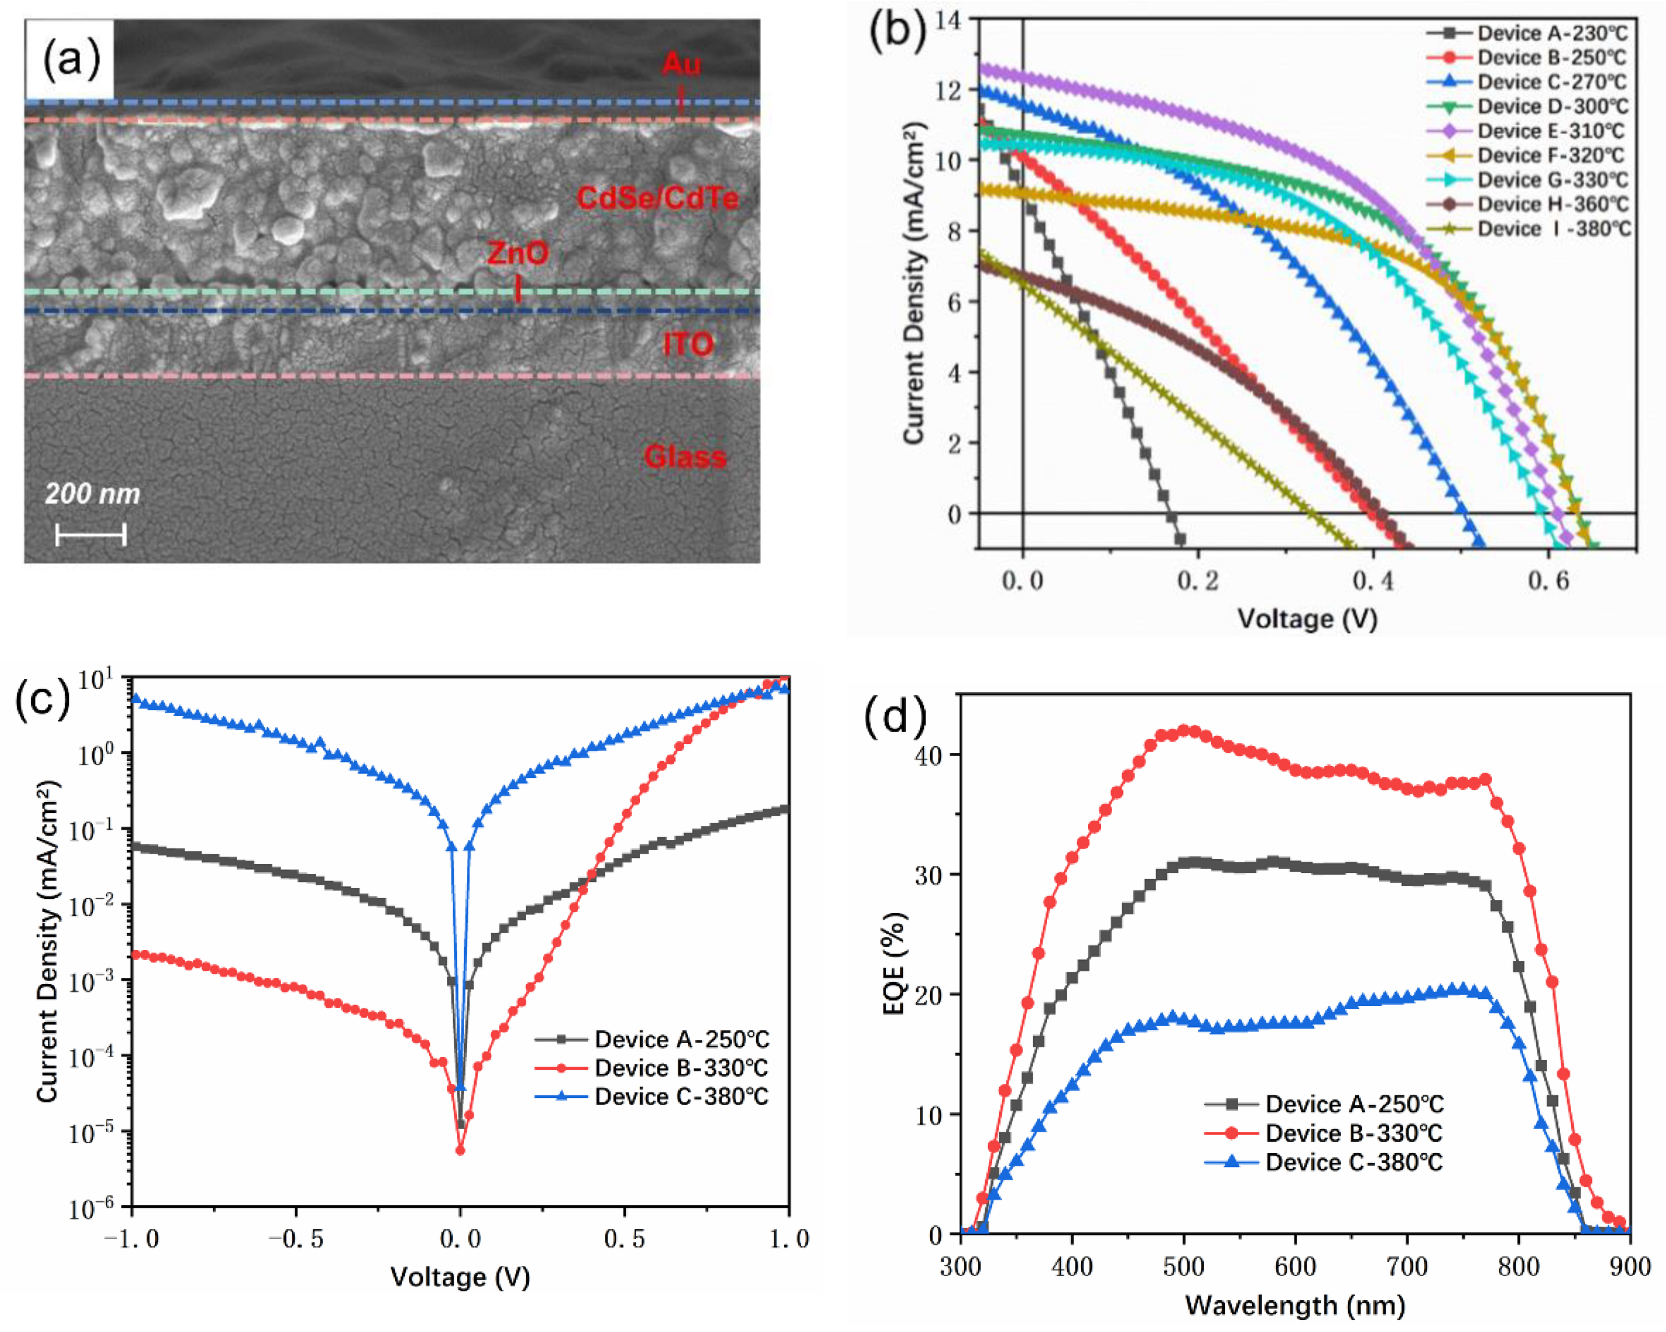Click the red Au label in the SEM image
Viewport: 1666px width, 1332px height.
click(x=681, y=64)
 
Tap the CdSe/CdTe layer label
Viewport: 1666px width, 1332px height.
click(x=657, y=199)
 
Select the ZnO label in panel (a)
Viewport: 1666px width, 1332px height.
click(x=518, y=253)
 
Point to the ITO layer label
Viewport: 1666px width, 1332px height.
click(x=688, y=344)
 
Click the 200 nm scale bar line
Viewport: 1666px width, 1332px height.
click(x=91, y=534)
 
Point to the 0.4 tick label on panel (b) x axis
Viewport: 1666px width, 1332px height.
click(x=1373, y=581)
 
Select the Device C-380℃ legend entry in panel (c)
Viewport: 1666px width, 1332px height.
click(x=680, y=1097)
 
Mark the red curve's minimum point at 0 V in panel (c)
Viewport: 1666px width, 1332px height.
click(x=461, y=1151)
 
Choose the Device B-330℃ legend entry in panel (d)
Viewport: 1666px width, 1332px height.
click(x=1352, y=1133)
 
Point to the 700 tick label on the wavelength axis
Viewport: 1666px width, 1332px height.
click(x=1407, y=1267)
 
